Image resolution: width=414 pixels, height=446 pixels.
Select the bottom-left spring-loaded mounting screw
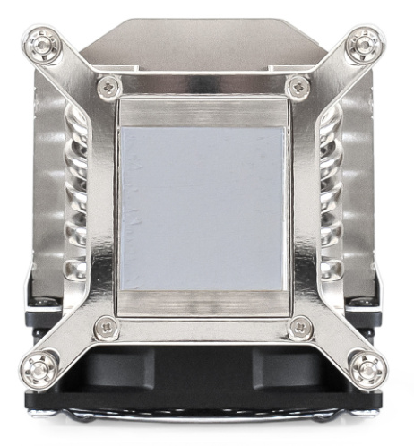click(41, 367)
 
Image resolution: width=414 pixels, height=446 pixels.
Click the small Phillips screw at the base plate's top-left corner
click(109, 87)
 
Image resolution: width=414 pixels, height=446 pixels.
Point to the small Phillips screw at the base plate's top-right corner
click(298, 87)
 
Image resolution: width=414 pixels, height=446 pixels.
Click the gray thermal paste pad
click(203, 208)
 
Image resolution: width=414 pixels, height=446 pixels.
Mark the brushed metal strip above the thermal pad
click(203, 112)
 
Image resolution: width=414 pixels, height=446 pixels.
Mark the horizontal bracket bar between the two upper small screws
click(204, 87)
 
